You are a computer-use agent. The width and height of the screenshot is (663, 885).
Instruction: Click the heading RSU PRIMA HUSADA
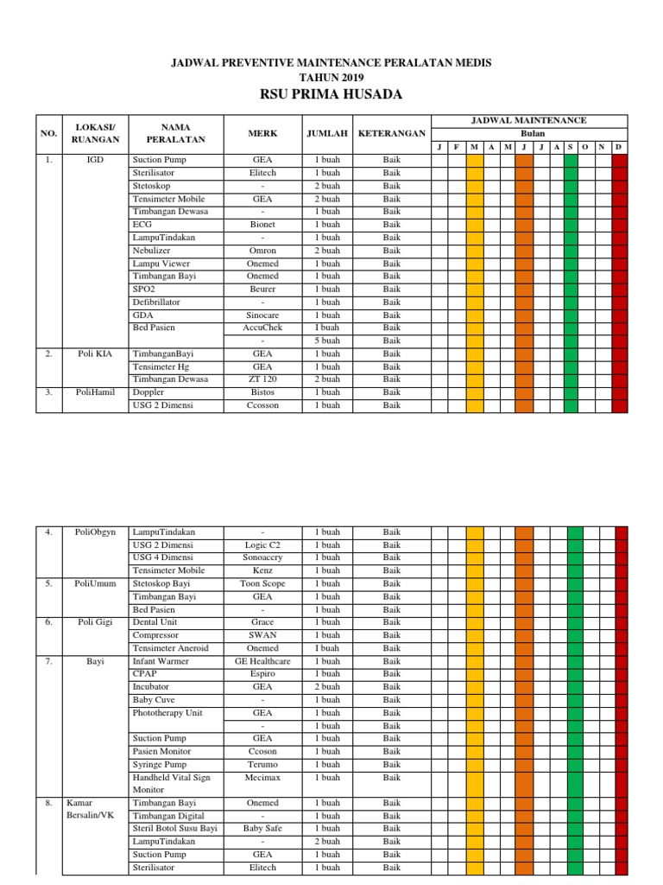331,94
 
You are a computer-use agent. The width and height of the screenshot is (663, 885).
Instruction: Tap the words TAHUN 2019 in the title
331,78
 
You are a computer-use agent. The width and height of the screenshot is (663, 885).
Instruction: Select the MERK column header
262,134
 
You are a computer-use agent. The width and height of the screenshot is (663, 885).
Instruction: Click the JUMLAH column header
327,134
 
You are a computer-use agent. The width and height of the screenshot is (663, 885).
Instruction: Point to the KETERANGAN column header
392,134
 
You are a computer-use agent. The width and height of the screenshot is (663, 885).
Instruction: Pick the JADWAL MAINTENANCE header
529,120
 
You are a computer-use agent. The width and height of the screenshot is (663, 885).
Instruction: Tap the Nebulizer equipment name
154,251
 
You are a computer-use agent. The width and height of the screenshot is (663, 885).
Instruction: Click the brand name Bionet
262,225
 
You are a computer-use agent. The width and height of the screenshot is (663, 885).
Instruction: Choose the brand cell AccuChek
262,328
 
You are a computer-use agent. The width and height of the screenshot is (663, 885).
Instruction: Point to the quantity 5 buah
327,341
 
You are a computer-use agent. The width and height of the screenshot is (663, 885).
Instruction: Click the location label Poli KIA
96,353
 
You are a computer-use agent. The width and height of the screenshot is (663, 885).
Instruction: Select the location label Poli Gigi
96,622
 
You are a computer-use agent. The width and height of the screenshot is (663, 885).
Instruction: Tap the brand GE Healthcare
262,661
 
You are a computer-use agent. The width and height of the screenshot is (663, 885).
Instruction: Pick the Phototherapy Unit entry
167,713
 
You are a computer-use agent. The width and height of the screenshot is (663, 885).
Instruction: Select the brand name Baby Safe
262,828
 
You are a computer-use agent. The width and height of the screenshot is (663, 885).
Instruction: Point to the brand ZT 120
262,379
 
